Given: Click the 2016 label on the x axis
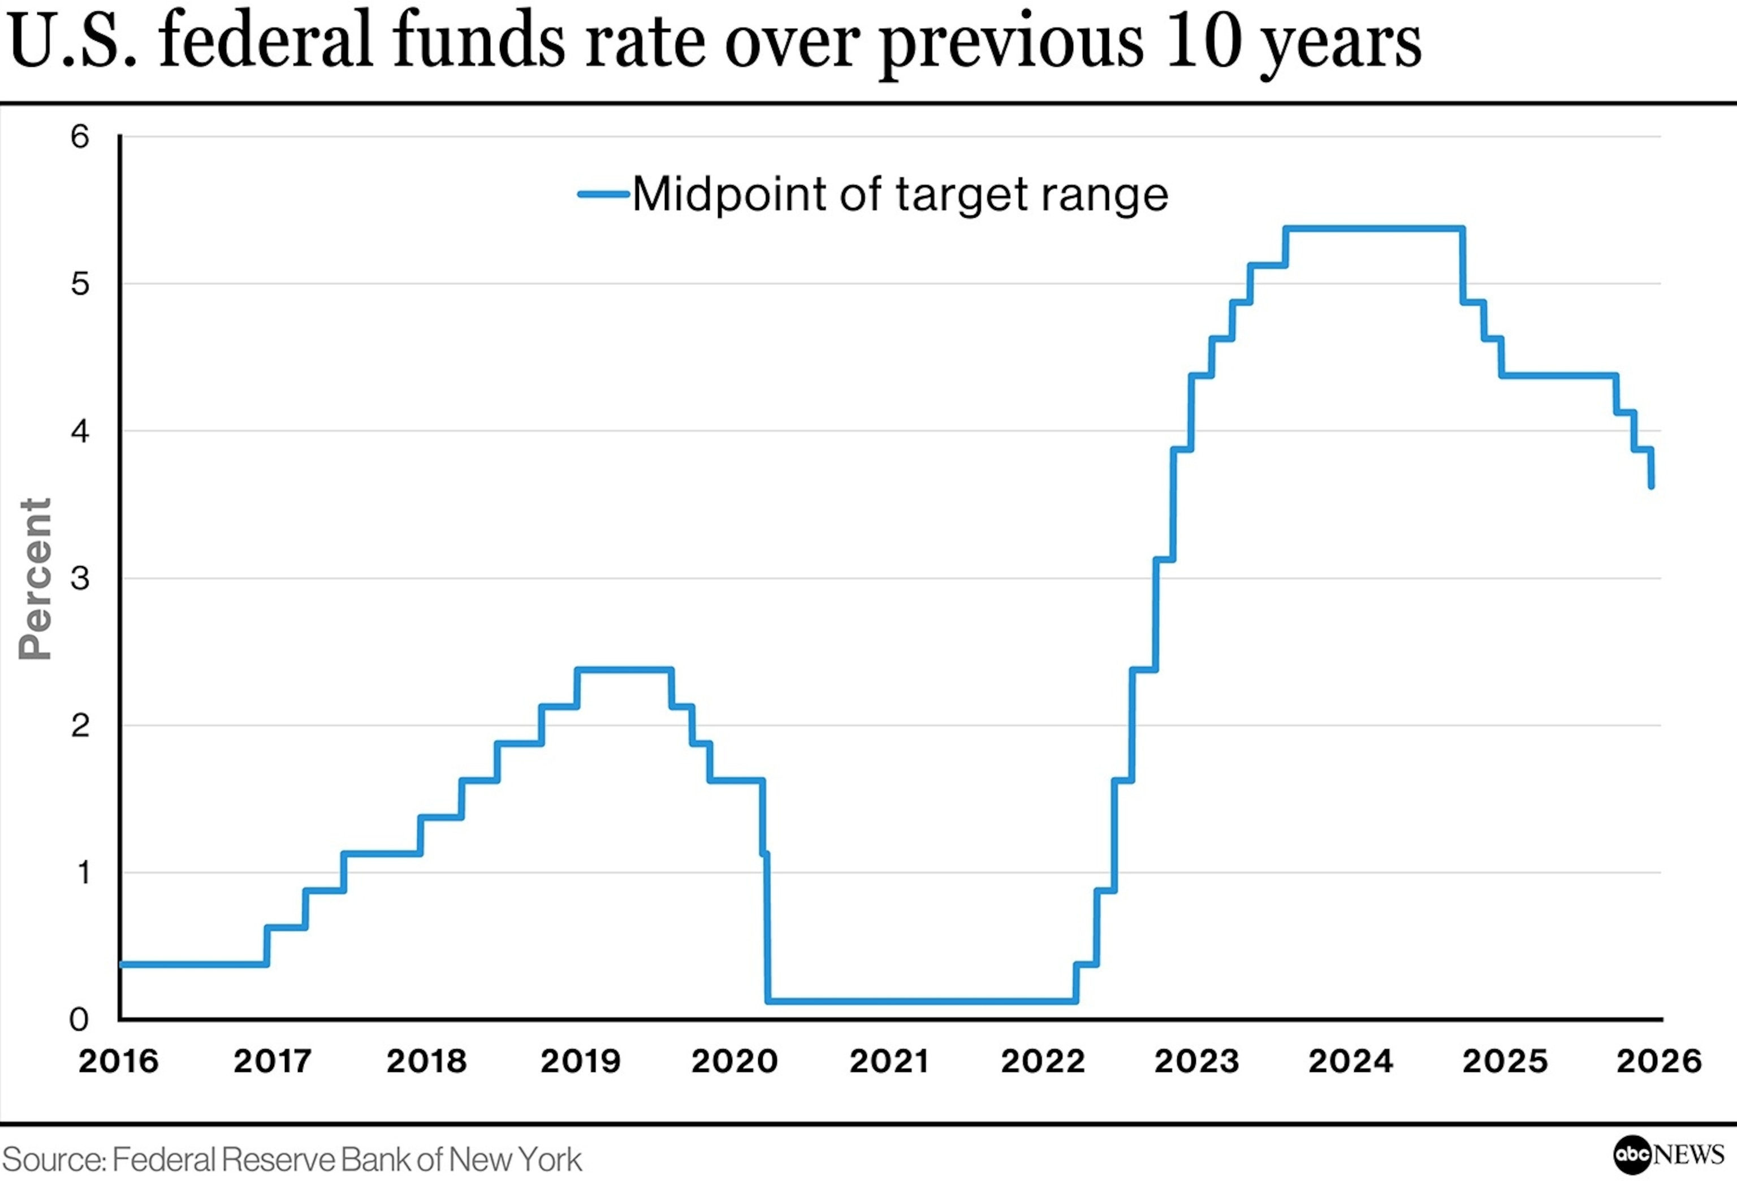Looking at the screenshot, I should pos(119,1061).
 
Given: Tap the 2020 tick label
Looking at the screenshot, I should pos(734,1061).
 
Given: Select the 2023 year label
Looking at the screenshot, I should pos(1196,1061).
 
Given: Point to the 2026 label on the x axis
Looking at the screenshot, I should pos(1658,1061).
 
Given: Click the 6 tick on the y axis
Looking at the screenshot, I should pos(80,137).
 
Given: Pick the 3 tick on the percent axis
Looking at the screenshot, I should pos(80,578).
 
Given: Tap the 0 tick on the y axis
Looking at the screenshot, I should pos(79,1019).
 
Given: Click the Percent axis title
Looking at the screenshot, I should pos(35,579).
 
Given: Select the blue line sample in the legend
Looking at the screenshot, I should pos(603,194).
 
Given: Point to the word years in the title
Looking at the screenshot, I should pos(1342,45).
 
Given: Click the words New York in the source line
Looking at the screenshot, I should pos(516,1160).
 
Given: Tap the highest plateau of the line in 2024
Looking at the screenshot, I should pos(1374,228).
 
